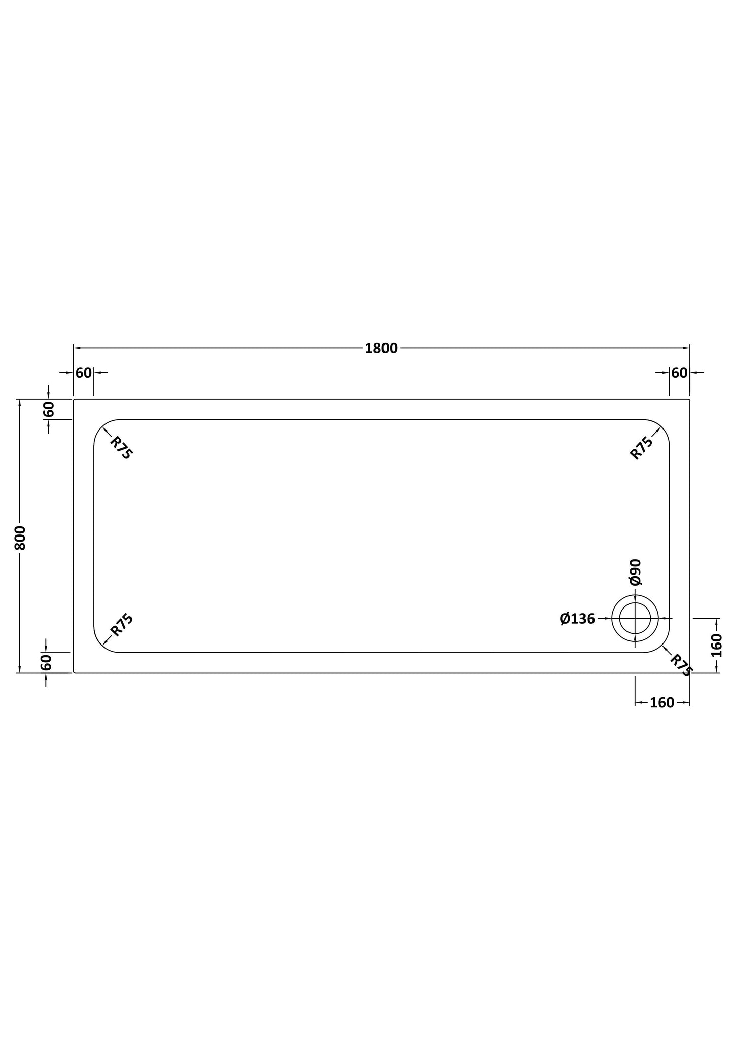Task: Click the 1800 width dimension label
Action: coord(381,348)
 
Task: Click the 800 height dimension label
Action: coord(20,538)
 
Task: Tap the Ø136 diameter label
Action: coord(577,619)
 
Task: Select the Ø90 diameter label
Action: coord(636,573)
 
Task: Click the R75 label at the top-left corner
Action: coord(121,448)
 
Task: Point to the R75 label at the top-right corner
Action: coord(641,448)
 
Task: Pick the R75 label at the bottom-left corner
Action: coord(122,625)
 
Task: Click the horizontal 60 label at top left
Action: coord(84,373)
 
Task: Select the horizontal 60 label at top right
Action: coord(679,373)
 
